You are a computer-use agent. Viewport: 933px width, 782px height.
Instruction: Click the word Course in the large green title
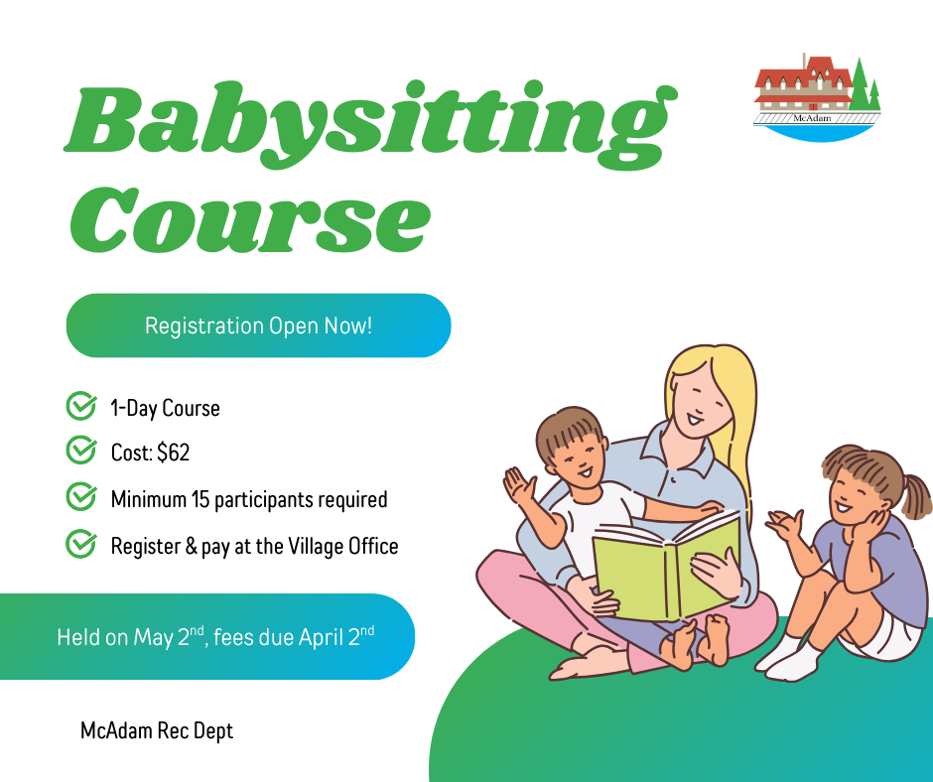pos(250,219)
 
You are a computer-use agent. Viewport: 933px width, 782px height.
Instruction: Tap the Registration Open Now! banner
pos(258,326)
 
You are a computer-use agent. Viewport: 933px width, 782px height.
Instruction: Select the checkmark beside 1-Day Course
pos(81,407)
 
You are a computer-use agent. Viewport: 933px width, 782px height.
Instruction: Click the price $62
pos(173,453)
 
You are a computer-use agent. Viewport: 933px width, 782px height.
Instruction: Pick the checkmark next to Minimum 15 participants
pos(81,497)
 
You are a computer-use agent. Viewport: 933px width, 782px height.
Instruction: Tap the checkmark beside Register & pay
pos(81,544)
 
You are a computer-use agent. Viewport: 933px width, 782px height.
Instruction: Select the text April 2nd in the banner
pos(336,636)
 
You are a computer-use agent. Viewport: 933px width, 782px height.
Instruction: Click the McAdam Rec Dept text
pos(157,730)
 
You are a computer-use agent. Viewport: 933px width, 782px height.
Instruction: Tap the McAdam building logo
pos(817,97)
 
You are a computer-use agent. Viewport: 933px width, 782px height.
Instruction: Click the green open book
pos(666,569)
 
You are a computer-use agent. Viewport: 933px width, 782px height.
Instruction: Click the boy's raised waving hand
pos(519,485)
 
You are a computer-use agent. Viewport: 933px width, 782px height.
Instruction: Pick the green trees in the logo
pos(865,86)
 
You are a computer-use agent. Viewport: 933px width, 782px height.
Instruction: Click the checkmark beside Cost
pos(81,451)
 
